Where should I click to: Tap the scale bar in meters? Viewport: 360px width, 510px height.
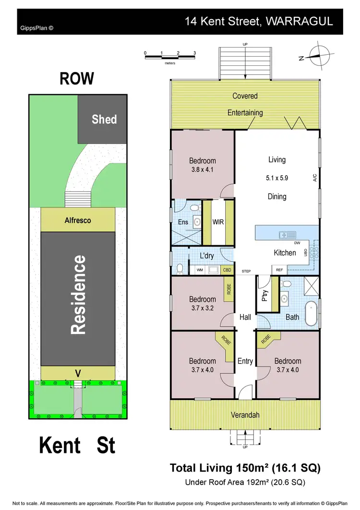[x=170, y=57]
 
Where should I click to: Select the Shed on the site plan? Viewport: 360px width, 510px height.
[x=104, y=119]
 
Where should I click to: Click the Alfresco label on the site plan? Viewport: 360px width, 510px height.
[x=78, y=220]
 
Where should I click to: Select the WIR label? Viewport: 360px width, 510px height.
[x=218, y=222]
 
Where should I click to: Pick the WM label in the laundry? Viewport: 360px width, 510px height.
[x=199, y=270]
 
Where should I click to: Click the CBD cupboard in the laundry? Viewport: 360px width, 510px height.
[x=228, y=270]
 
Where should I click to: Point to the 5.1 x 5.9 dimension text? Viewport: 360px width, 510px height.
[x=276, y=178]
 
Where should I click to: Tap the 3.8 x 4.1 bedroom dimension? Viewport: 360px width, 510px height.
[x=202, y=169]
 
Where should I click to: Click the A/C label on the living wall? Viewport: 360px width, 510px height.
[x=315, y=178]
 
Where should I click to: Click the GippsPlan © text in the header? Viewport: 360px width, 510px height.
[x=37, y=28]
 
